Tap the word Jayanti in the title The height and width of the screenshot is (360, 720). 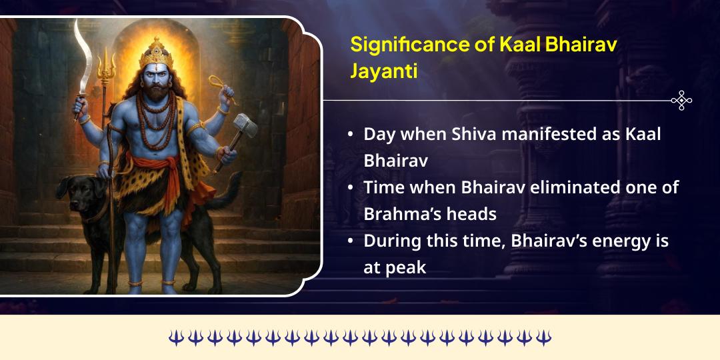(384, 71)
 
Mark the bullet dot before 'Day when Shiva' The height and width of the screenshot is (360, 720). (351, 134)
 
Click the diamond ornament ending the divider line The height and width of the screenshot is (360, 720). (681, 101)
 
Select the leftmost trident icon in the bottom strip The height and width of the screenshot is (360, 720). (175, 337)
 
